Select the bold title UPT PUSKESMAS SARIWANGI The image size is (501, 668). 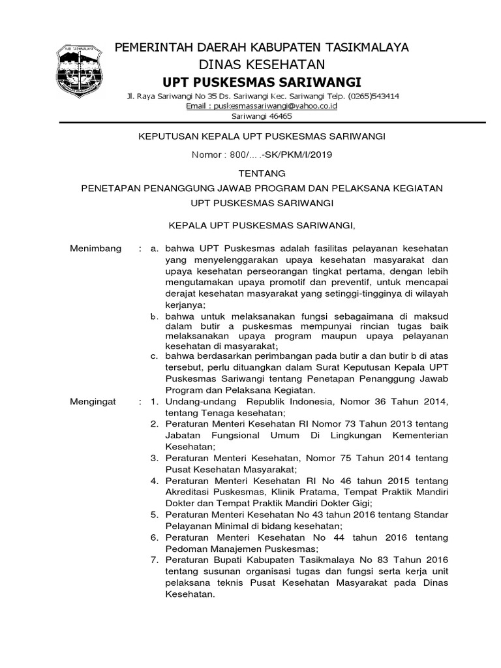(262, 81)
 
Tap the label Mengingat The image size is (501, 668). (93, 401)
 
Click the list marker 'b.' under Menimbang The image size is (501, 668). (154, 316)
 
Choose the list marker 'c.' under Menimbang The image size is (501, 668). (154, 357)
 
